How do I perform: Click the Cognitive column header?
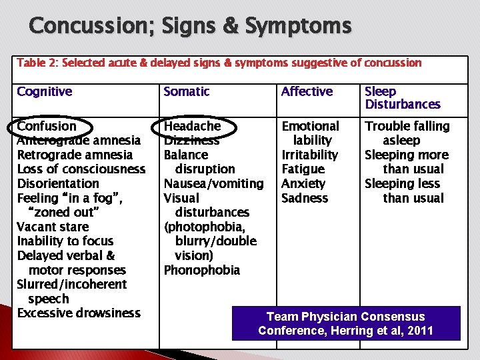45,92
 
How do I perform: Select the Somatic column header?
187,92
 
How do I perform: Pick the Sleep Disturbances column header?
402,97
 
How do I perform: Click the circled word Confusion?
47,126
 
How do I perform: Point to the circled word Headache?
192,126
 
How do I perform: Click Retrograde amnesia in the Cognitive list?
75,155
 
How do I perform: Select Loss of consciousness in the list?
81,169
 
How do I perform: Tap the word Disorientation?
58,183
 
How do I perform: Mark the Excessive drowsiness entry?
79,313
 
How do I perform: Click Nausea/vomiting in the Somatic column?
213,183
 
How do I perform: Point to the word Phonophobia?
201,270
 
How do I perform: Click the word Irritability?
310,155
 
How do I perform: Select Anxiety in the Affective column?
303,183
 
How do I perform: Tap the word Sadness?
305,198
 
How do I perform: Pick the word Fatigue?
303,169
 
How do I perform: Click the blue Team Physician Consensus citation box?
345,323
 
